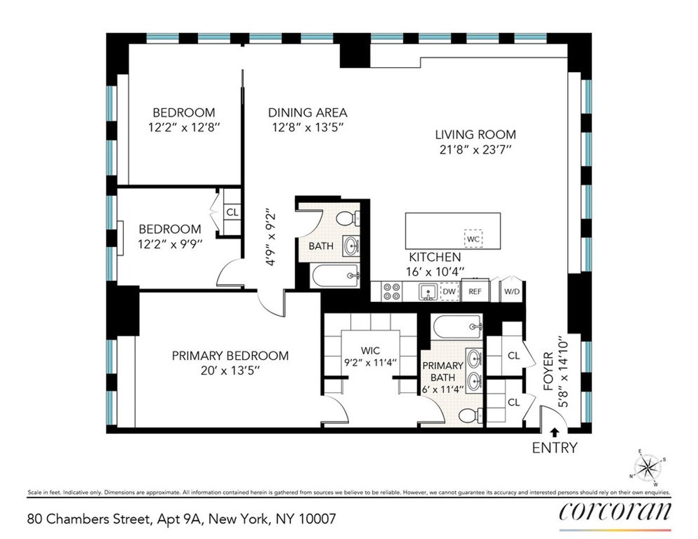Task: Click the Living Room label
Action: (475, 135)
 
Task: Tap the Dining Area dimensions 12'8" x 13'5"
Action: (308, 128)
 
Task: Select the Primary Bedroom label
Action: (230, 356)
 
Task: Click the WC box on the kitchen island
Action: (473, 239)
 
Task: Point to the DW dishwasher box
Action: (449, 291)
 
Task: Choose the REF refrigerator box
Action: (475, 291)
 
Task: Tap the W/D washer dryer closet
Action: (511, 291)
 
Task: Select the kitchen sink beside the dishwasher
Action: (428, 291)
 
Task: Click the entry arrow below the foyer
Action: (554, 432)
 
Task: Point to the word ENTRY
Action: (555, 448)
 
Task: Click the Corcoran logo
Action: (615, 512)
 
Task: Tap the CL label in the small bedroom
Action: (232, 212)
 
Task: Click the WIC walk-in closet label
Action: (370, 351)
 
